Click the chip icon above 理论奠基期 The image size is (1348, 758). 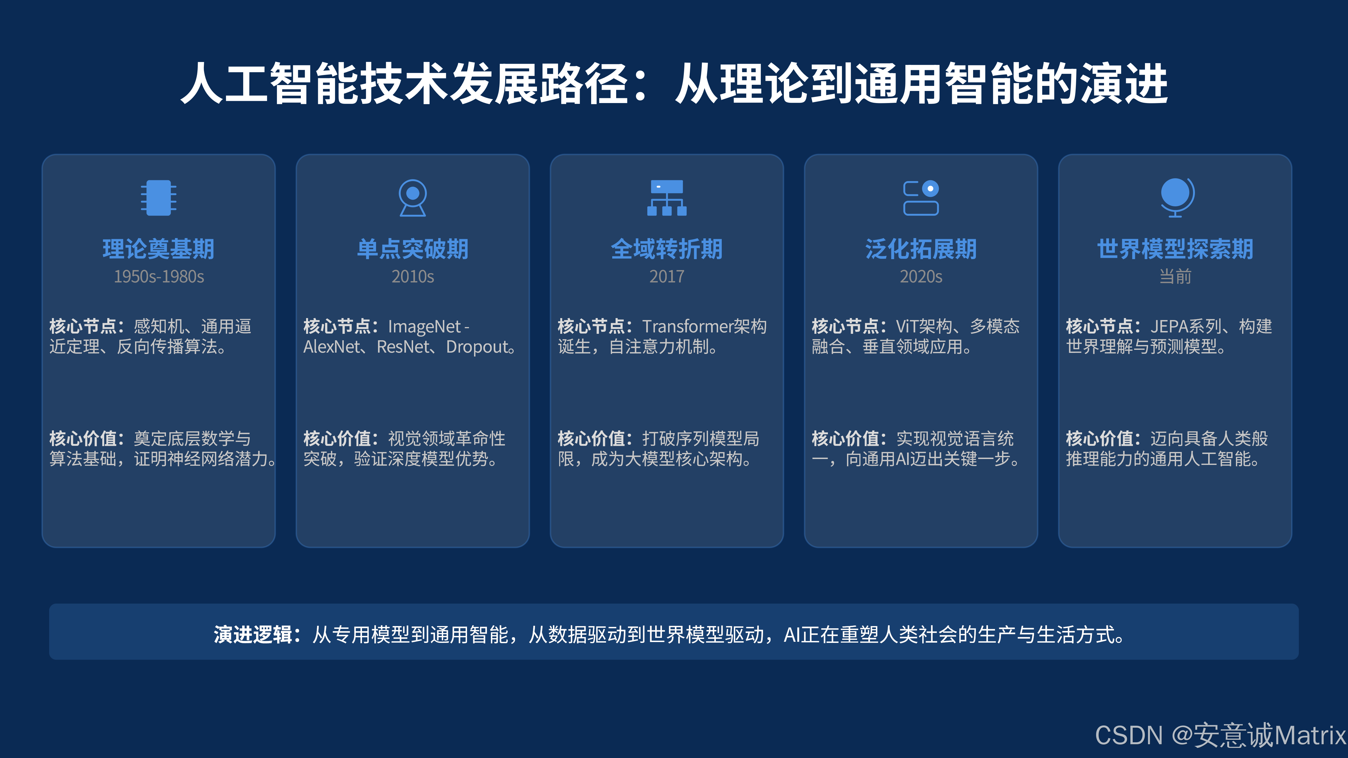[x=159, y=198]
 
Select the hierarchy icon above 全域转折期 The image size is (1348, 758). [x=667, y=198]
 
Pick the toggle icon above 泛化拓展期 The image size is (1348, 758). [x=921, y=198]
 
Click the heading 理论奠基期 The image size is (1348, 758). [x=159, y=249]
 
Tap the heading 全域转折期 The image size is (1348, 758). [x=667, y=249]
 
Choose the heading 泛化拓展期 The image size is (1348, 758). [x=921, y=249]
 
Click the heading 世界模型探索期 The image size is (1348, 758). [x=1175, y=249]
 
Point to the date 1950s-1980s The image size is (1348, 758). [x=159, y=276]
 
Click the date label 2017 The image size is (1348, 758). [x=667, y=276]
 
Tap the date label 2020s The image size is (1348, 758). [x=921, y=276]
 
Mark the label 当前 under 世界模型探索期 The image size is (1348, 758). [x=1175, y=276]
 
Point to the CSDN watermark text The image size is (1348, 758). [x=1219, y=735]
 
